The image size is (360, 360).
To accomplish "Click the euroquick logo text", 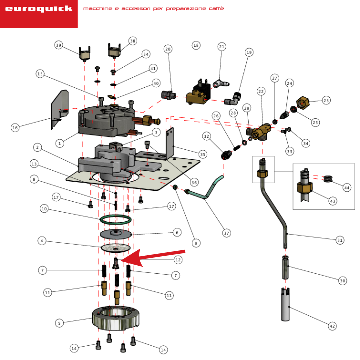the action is [39, 9].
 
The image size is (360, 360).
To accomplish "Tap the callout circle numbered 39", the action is [59, 45].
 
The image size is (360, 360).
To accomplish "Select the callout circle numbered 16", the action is [15, 128].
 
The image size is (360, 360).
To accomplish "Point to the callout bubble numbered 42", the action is [332, 326].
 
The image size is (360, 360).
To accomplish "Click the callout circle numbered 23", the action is [326, 100].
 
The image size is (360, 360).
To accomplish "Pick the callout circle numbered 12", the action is [178, 260].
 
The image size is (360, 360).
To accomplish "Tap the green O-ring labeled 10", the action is [116, 220].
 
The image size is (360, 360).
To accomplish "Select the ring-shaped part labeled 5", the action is [116, 318].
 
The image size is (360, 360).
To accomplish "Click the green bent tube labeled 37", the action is [205, 190].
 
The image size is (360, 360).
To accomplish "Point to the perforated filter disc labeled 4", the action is [116, 248].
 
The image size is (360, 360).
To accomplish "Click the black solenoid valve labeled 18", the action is [199, 93].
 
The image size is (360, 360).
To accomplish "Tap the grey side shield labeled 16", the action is [59, 109].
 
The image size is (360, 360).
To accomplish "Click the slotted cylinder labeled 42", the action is [285, 304].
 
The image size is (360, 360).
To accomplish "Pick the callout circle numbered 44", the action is [347, 188].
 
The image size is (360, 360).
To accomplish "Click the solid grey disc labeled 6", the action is [116, 234].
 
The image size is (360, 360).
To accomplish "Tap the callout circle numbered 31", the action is [340, 240].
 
